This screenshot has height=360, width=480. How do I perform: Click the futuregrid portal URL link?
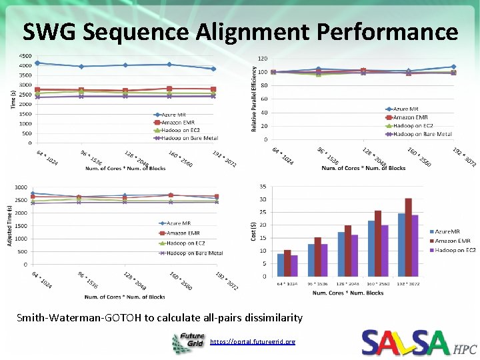coord(252,341)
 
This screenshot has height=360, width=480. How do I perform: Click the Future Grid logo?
coord(188,342)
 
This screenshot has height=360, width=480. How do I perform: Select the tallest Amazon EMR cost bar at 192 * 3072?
coord(408,237)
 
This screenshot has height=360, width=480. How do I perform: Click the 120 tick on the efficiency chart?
coord(263,59)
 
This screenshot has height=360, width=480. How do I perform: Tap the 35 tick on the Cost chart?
coord(263,186)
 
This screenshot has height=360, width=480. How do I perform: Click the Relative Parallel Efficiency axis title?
coord(253,97)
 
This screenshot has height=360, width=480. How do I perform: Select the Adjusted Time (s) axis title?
coord(10,226)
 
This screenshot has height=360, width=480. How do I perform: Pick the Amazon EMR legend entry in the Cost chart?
coord(454,241)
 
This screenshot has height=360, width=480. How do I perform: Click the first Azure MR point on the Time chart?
coord(38,63)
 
